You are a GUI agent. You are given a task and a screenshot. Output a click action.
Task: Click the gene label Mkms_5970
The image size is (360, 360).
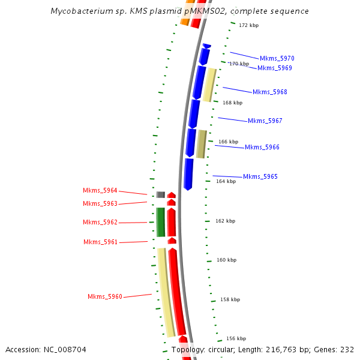point(277,58)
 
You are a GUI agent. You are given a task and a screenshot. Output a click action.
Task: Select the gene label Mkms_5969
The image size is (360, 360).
point(274,68)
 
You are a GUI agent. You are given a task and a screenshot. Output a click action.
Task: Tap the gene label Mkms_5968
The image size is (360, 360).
point(269,92)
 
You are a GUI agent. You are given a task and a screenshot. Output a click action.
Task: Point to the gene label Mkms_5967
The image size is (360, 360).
point(265,121)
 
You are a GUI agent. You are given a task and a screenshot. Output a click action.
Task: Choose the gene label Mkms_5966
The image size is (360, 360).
point(262,147)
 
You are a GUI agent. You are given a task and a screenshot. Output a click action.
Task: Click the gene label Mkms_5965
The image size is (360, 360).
point(260,176)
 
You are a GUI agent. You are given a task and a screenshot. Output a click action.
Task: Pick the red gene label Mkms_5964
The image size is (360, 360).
point(100,190)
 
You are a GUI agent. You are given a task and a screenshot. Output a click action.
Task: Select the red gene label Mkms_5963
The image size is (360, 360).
point(100,203)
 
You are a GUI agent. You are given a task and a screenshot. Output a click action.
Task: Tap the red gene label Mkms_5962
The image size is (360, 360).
point(100,222)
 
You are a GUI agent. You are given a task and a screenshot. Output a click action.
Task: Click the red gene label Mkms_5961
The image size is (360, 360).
point(100,242)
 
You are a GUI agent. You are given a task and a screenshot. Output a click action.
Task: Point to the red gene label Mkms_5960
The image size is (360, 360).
point(105,296)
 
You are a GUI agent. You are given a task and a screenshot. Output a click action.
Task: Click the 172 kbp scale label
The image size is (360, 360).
point(248,26)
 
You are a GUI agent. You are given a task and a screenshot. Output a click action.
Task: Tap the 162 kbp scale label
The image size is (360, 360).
point(225,221)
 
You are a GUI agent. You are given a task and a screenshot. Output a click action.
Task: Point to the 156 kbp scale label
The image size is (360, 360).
point(236,338)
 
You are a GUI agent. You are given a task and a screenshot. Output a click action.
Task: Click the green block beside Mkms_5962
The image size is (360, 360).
point(161,222)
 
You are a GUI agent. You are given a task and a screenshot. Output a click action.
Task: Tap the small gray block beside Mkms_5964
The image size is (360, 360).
point(161,194)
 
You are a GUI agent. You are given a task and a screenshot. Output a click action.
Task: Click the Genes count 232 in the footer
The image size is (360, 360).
point(347,349)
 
